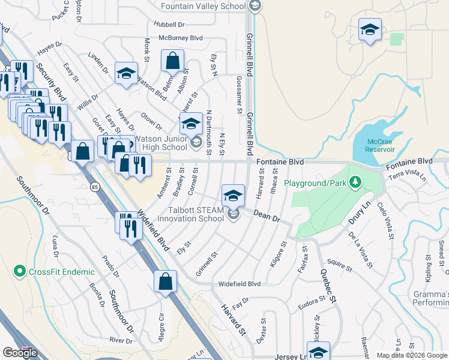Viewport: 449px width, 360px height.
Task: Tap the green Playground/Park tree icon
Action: click(355, 181)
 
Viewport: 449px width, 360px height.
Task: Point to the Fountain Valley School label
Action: click(204, 6)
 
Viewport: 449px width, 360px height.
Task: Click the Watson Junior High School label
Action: click(161, 143)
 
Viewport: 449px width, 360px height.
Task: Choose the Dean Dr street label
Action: click(267, 216)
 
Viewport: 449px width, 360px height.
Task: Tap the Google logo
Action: click(20, 353)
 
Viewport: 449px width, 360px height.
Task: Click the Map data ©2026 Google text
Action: click(411, 355)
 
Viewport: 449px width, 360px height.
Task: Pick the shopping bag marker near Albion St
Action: click(172, 61)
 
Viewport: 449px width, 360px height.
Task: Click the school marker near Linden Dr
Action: click(125, 74)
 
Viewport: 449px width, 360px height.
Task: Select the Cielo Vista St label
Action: click(385, 220)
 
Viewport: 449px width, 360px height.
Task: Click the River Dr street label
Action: click(121, 341)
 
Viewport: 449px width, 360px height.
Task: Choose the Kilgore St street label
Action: click(280, 254)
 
